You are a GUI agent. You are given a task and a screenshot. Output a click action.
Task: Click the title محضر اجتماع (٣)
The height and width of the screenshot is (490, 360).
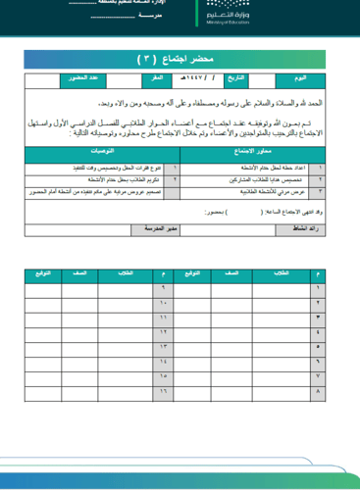point(180,59)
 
